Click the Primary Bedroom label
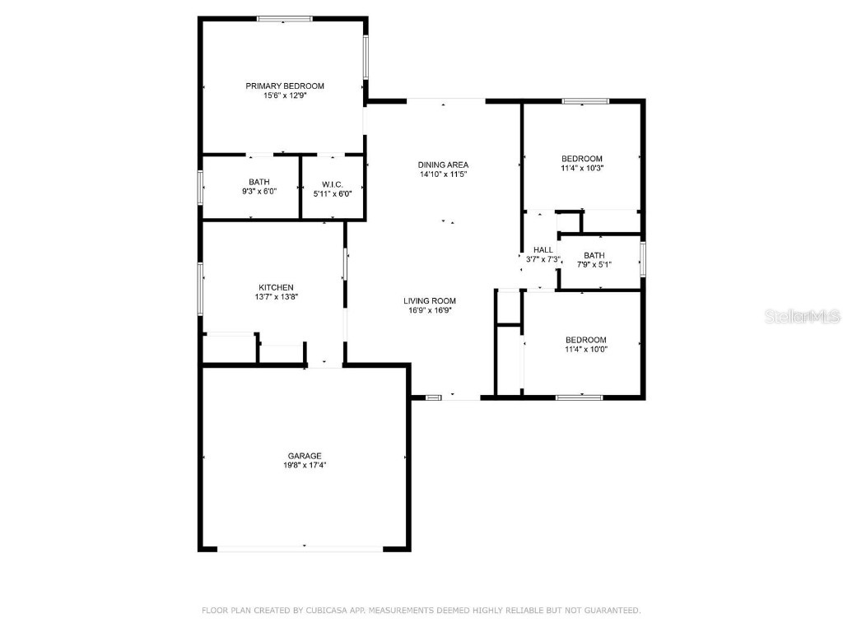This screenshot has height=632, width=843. (x=285, y=86)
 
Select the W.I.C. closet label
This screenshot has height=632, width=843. (x=332, y=183)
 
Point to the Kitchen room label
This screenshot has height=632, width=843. (x=276, y=287)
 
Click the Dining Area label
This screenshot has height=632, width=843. (x=443, y=165)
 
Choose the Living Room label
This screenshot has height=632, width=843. (x=429, y=300)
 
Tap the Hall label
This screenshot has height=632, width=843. (x=543, y=250)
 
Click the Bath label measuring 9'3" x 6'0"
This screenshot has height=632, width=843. (x=258, y=183)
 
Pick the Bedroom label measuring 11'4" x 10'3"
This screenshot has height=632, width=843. (x=582, y=159)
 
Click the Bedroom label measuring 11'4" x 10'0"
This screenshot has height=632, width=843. (x=585, y=340)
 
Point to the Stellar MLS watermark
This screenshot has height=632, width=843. (x=802, y=316)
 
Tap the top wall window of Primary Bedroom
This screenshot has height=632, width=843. (x=285, y=18)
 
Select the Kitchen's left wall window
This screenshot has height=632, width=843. (x=200, y=288)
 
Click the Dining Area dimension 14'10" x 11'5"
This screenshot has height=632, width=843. (x=443, y=174)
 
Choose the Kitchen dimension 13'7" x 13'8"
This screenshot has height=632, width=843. (x=276, y=297)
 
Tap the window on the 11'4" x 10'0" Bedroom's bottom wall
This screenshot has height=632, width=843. (x=579, y=397)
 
